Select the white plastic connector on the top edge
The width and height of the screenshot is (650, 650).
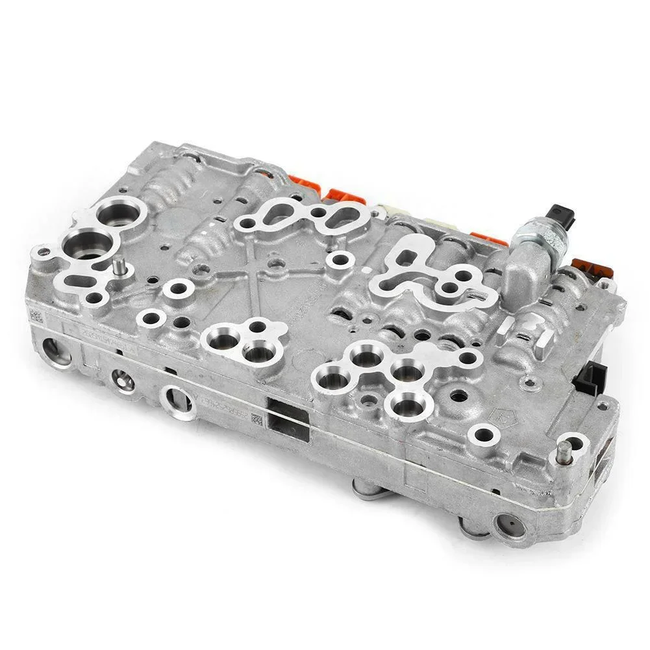390,211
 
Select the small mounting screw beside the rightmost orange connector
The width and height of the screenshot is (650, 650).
608,282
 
